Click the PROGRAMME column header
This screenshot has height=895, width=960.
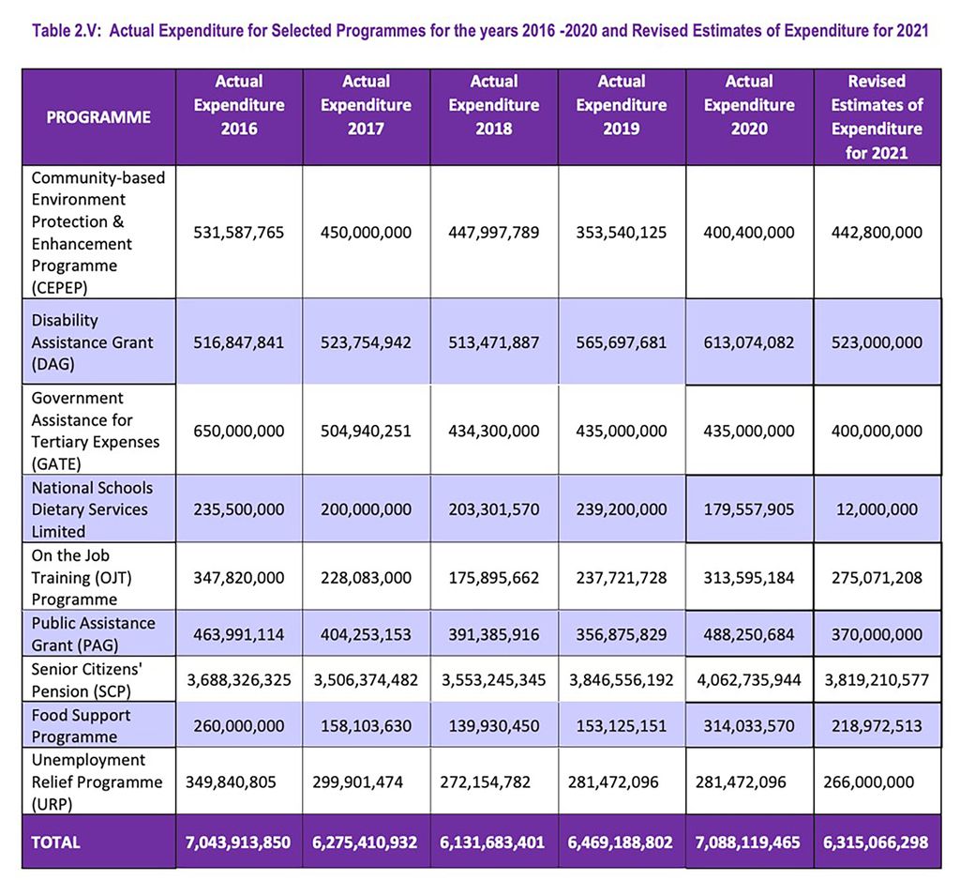tap(98, 117)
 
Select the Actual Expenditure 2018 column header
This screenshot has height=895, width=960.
tap(494, 105)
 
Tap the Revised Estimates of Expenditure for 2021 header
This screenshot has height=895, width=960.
tap(877, 117)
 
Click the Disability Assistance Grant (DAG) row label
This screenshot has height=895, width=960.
tap(92, 342)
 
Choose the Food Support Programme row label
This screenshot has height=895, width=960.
tap(82, 725)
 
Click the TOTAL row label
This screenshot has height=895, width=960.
tap(56, 842)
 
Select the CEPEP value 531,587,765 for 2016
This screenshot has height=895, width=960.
tap(239, 233)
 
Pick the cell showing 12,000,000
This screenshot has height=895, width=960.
tap(877, 509)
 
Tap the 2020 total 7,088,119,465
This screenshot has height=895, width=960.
tap(749, 842)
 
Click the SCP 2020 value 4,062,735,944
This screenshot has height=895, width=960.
tap(749, 680)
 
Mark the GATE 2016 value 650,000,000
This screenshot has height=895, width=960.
tap(239, 432)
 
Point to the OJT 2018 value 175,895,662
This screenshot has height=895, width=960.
tap(494, 578)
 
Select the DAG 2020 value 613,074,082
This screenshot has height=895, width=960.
tap(749, 342)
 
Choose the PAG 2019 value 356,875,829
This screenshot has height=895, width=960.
tap(622, 634)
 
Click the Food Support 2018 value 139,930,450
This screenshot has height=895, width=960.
tap(494, 725)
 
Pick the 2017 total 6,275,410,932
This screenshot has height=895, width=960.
tap(367, 842)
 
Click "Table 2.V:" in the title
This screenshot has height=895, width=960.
tap(67, 31)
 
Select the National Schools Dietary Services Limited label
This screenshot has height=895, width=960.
tap(92, 509)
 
